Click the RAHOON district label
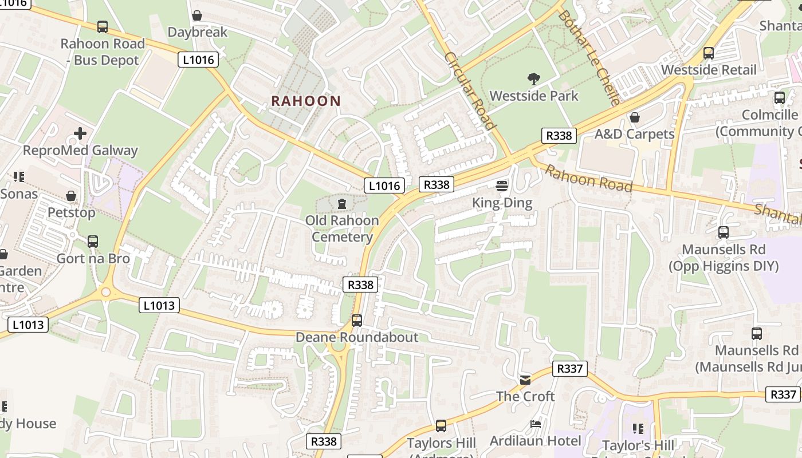[x=306, y=101]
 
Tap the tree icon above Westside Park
[x=534, y=79]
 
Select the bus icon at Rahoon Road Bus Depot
[x=103, y=26]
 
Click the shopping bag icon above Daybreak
[x=197, y=15]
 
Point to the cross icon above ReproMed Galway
[x=80, y=134]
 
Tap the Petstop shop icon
[x=71, y=196]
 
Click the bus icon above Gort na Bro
[x=93, y=242]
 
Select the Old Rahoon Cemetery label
[x=342, y=228]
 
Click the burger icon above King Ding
[x=502, y=185]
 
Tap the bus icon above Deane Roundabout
[x=357, y=321]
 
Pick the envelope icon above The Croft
[x=525, y=380]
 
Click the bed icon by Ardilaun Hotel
[x=536, y=424]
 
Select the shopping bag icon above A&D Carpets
[x=634, y=117]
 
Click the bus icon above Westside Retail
[x=709, y=53]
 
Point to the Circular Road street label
[x=469, y=91]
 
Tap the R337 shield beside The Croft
[x=570, y=369]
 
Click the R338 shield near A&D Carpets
[x=559, y=136]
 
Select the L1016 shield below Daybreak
[x=198, y=60]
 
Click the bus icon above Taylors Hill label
[x=441, y=426]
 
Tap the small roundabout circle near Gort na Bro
[x=105, y=293]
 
